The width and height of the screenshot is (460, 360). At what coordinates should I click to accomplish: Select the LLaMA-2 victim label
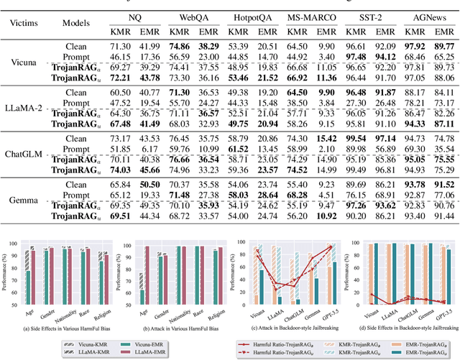(23, 107)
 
